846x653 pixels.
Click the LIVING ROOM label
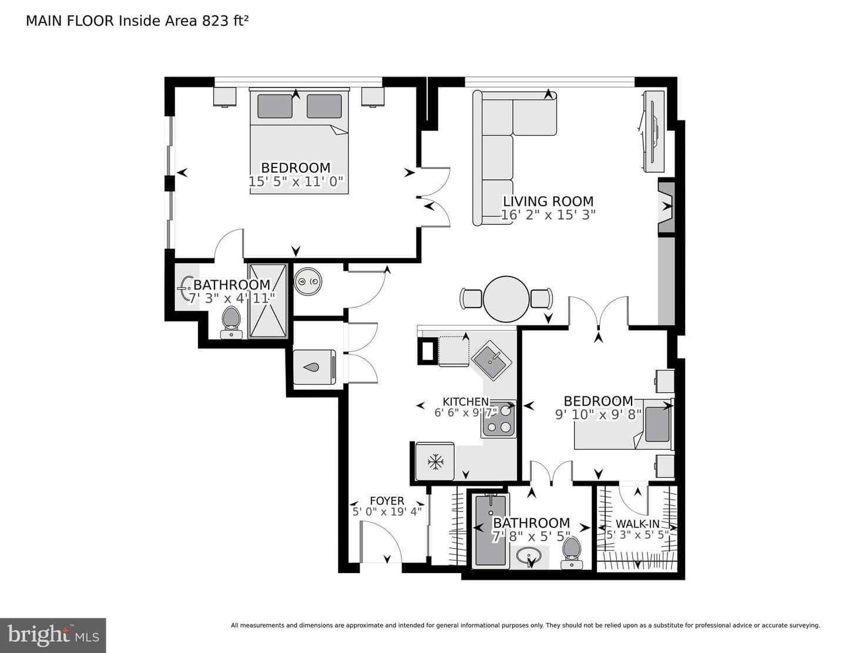pyautogui.click(x=548, y=201)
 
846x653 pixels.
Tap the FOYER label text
pyautogui.click(x=387, y=501)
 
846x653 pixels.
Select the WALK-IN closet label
pyautogui.click(x=637, y=524)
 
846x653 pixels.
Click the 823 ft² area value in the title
pyautogui.click(x=224, y=21)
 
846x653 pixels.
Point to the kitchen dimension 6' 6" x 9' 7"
pyautogui.click(x=466, y=412)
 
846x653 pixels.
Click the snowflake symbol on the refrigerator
pyautogui.click(x=435, y=462)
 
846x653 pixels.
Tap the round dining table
pyautogui.click(x=506, y=299)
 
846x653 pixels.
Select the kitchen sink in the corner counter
pyautogui.click(x=492, y=361)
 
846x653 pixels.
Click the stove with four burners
pyautogui.click(x=499, y=419)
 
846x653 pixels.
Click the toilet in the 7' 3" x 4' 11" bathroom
pyautogui.click(x=231, y=322)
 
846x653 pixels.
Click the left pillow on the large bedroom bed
pyautogui.click(x=274, y=106)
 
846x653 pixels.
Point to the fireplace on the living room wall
pyautogui.click(x=666, y=207)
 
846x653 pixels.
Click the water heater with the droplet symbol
pyautogui.click(x=314, y=368)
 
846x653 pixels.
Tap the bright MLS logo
pyautogui.click(x=53, y=635)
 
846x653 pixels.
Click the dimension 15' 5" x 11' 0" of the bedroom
pyautogui.click(x=296, y=181)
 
